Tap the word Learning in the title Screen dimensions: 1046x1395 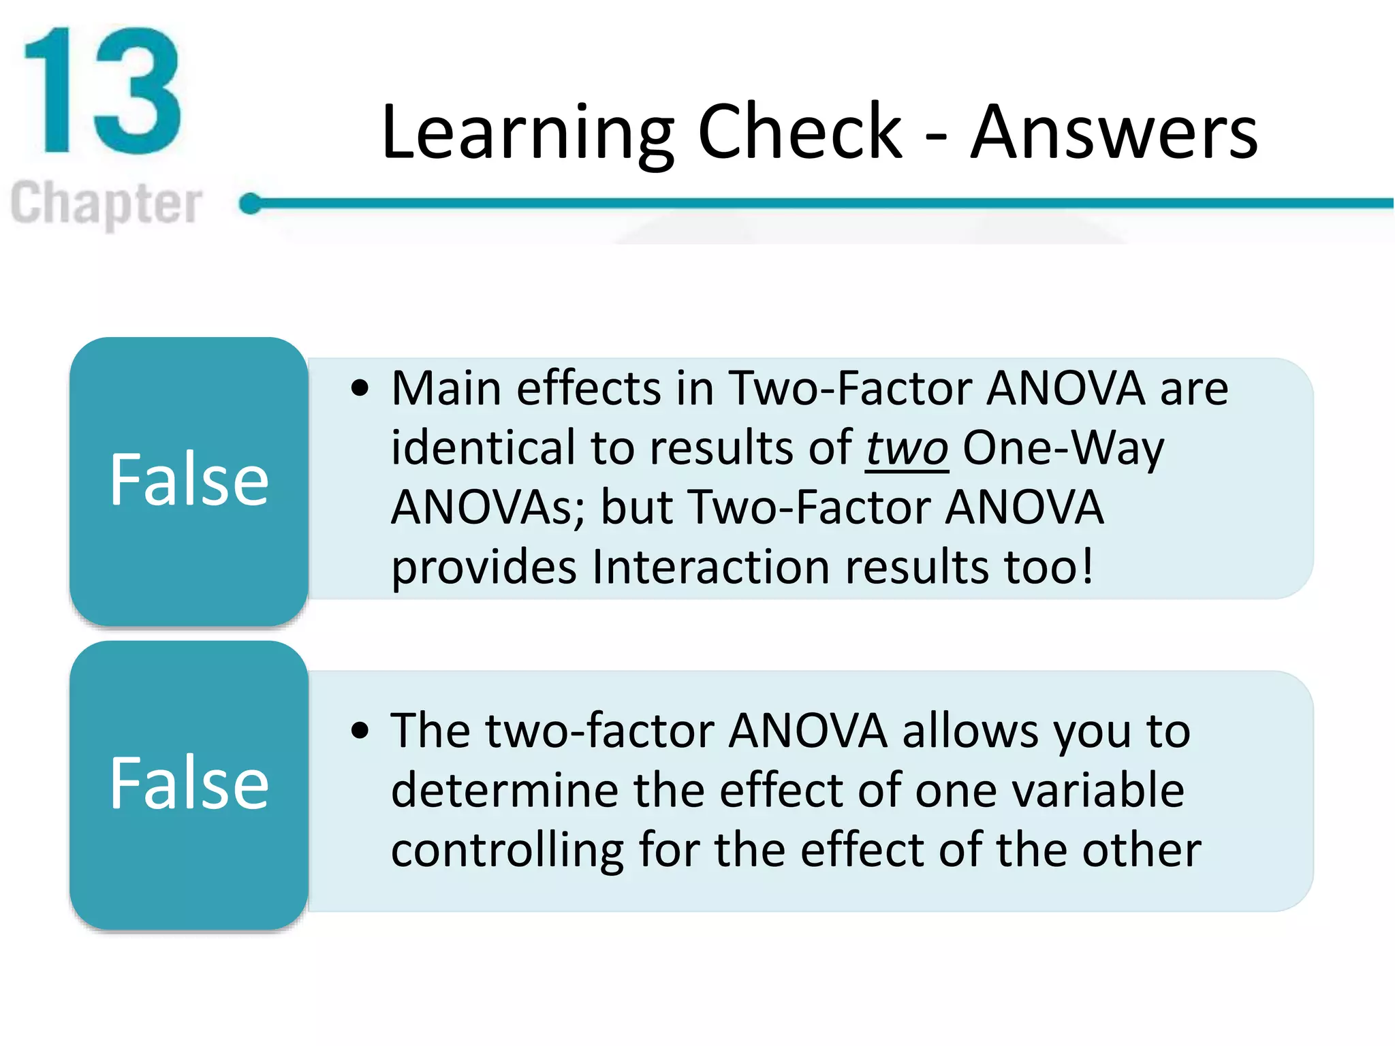tap(528, 133)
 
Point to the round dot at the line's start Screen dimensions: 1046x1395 tap(251, 203)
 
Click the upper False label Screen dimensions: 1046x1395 tap(189, 480)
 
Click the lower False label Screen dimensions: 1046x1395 tap(189, 784)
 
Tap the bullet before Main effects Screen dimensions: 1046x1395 tap(360, 389)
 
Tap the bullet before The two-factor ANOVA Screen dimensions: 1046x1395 tap(360, 731)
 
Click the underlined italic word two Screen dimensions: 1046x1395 tap(907, 449)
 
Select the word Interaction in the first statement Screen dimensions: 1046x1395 tap(710, 567)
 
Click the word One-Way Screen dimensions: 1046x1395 tap(1063, 449)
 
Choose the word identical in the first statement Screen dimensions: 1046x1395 tap(483, 449)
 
